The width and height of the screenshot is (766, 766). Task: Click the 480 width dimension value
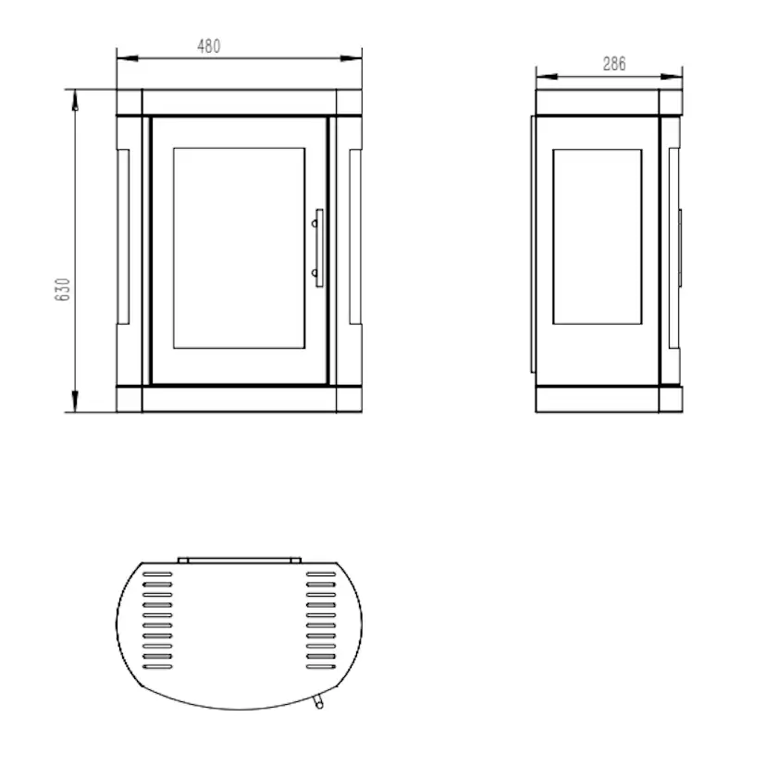click(x=208, y=46)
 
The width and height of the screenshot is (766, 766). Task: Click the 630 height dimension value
click(x=63, y=290)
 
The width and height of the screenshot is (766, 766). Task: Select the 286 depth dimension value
click(x=614, y=64)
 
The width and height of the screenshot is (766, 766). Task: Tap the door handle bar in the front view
click(x=319, y=248)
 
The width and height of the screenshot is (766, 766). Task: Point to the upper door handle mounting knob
click(x=315, y=224)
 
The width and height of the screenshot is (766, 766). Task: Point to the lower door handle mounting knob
click(x=315, y=273)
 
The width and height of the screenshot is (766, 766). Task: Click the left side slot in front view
click(x=123, y=237)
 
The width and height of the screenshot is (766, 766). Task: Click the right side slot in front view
click(x=355, y=237)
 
